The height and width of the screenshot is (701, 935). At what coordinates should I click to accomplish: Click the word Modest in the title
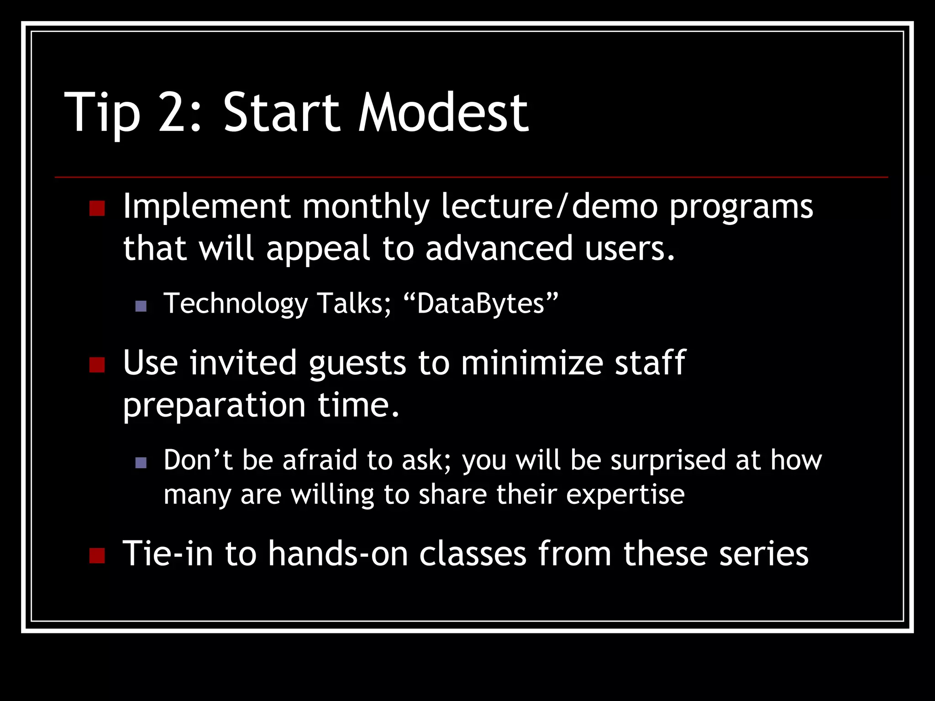[443, 113]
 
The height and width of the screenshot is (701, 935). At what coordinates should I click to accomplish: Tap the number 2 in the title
[179, 113]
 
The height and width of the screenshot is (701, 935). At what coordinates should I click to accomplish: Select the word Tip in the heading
[102, 113]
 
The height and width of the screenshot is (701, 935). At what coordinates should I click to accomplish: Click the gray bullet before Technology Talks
[141, 306]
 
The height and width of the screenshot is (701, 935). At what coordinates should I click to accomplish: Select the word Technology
[236, 304]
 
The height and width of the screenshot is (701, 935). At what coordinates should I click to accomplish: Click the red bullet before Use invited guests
[97, 365]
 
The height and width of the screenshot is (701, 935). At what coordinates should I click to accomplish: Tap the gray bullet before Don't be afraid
[141, 463]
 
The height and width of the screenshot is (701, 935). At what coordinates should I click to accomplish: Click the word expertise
[625, 495]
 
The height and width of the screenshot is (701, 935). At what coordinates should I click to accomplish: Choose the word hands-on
[337, 554]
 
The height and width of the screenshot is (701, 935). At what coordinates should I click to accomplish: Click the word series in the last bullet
[763, 554]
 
